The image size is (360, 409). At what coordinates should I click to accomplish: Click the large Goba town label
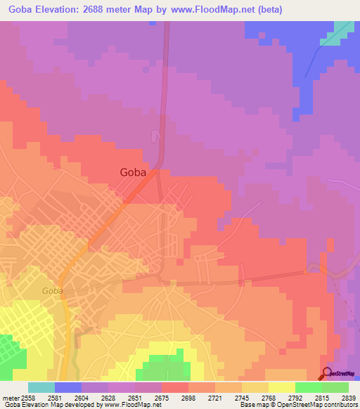[134, 172]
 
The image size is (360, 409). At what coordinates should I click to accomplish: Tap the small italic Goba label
[52, 290]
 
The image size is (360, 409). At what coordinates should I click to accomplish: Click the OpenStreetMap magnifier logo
[327, 373]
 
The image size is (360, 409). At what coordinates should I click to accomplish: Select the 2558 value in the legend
[27, 397]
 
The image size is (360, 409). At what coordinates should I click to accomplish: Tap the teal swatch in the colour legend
[41, 387]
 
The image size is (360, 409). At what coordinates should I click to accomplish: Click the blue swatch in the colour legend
[67, 387]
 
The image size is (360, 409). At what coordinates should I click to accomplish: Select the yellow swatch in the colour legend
[281, 387]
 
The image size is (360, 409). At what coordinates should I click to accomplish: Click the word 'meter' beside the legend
[9, 397]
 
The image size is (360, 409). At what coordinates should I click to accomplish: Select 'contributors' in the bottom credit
[341, 405]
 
